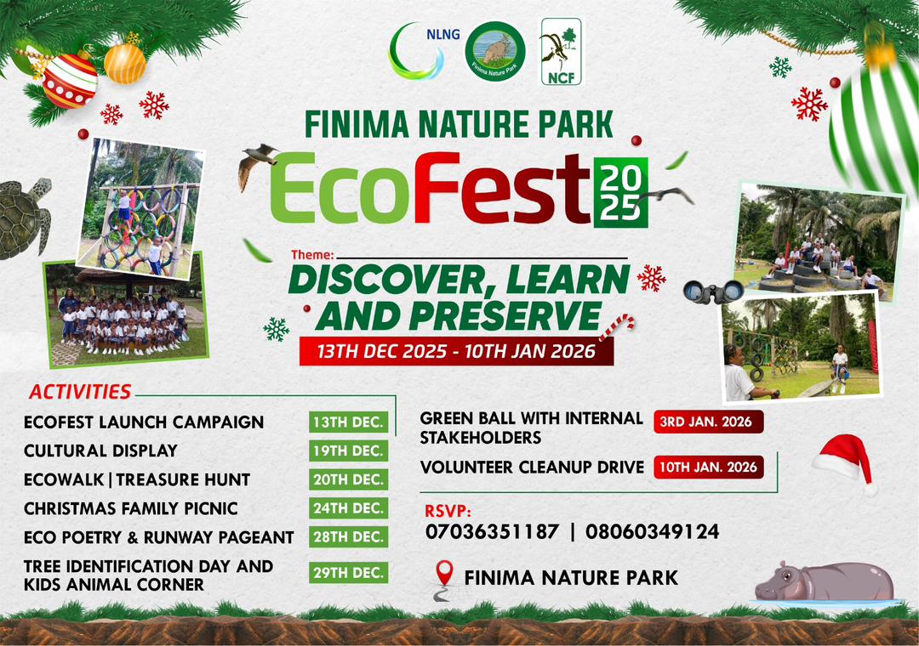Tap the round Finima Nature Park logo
coord(495,51)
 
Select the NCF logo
coord(561,52)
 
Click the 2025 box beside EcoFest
coord(620,192)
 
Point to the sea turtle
coord(24,218)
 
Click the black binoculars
coord(713,292)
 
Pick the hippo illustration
coord(825,582)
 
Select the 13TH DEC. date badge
coord(349,422)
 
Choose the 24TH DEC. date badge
coord(349,508)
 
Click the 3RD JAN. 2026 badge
coord(709,422)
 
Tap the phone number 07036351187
coord(493,531)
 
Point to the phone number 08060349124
coord(653,531)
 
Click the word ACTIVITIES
coord(80,392)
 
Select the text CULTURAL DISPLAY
coord(100,450)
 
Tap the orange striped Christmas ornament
coord(125,63)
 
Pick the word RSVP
coord(448,512)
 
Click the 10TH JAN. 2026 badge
coord(709,467)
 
